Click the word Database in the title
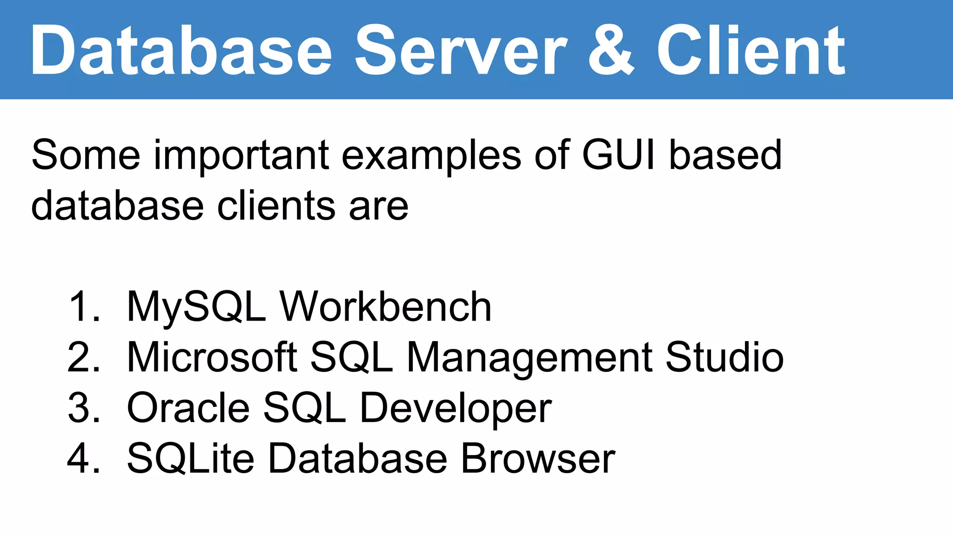pos(181,50)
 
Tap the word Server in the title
pos(461,50)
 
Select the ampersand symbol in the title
pos(611,50)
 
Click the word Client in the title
pos(751,50)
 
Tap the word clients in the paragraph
pos(276,206)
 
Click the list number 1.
pos(84,307)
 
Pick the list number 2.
pos(84,357)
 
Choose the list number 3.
pos(84,408)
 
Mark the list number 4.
pos(84,459)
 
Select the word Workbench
pos(385,307)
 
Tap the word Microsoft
pos(212,357)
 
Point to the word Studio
pos(724,357)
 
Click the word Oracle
pos(188,408)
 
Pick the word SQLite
pos(190,459)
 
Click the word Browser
pos(538,459)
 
